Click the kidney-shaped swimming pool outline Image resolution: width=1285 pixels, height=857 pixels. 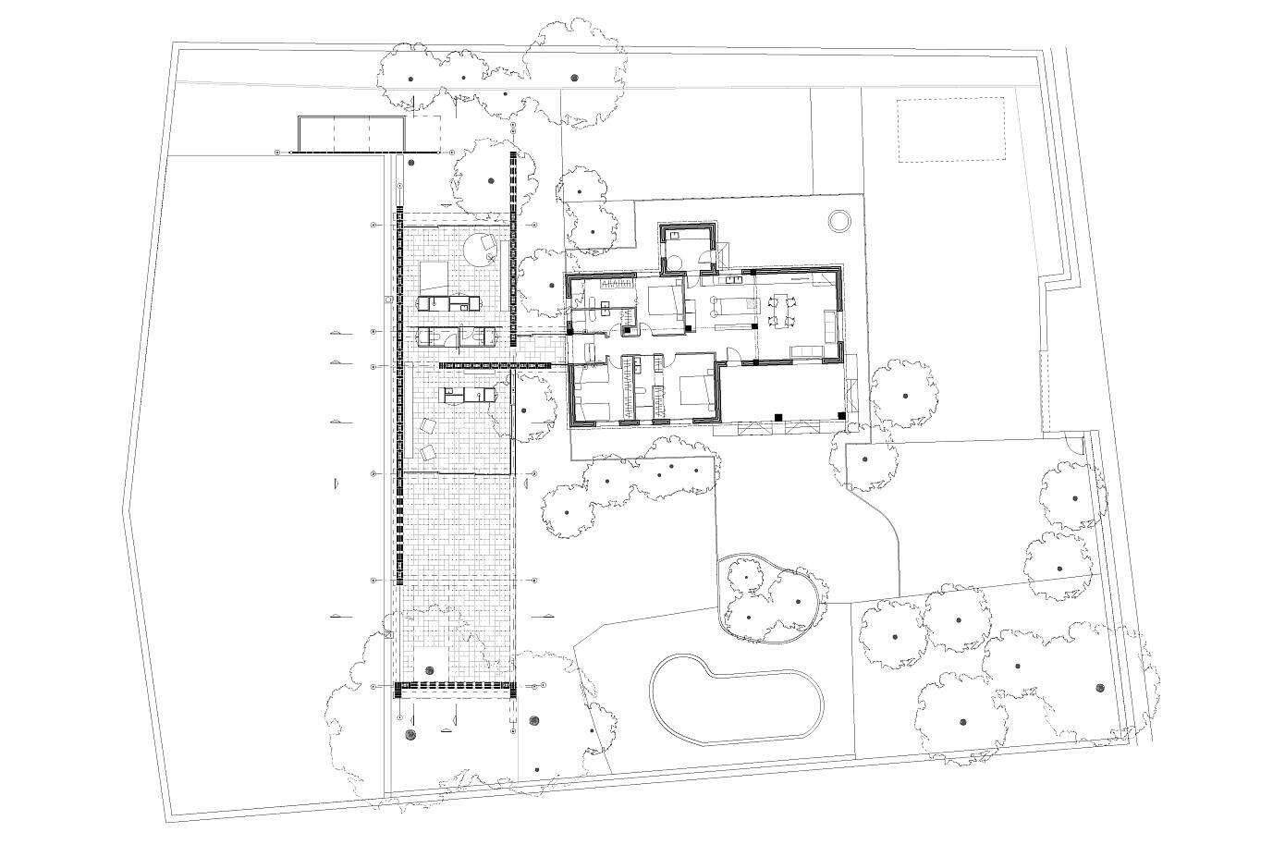pyautogui.click(x=735, y=699)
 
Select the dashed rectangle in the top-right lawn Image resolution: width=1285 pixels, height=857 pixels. pyautogui.click(x=950, y=129)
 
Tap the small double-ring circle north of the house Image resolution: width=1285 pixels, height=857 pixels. pyautogui.click(x=838, y=221)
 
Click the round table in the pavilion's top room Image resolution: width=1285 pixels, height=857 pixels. pyautogui.click(x=481, y=246)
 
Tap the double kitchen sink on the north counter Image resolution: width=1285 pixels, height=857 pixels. pyautogui.click(x=735, y=277)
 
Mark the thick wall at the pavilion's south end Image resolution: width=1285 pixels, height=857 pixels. pyautogui.click(x=453, y=685)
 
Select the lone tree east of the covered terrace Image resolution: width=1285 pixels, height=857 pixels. pyautogui.click(x=903, y=395)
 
